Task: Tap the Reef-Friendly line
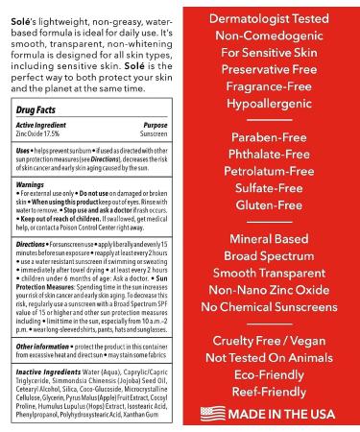click(274, 393)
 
